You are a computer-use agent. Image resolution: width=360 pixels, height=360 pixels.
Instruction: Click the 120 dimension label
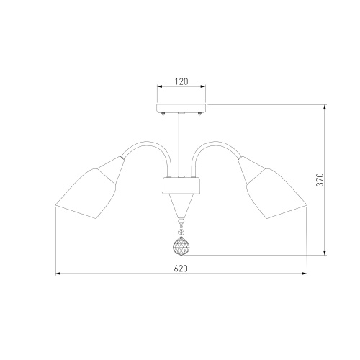pos(181,81)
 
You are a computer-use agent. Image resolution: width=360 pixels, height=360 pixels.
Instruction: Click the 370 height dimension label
pos(320,179)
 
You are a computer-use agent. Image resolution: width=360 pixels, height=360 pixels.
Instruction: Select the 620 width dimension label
pos(181,269)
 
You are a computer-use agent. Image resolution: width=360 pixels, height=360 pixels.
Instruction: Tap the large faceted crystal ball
pos(181,246)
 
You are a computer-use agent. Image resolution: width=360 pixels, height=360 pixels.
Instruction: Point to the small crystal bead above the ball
pos(181,233)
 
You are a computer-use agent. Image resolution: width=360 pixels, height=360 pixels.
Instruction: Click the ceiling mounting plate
pos(181,108)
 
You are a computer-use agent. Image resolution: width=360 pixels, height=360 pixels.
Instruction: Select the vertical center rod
pos(181,145)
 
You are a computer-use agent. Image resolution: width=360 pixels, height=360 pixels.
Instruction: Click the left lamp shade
pos(90,189)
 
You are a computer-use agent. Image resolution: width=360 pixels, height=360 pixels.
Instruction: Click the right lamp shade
pos(272,189)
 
